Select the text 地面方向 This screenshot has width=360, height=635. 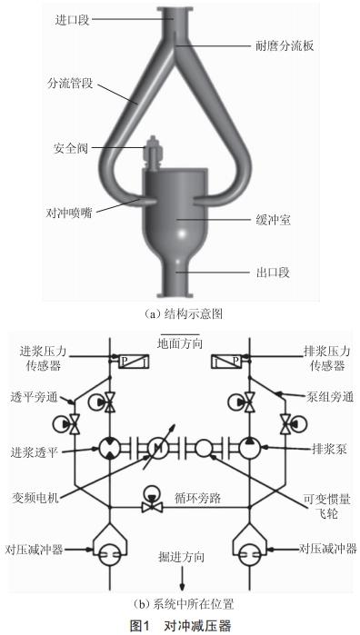pyautogui.click(x=180, y=342)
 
